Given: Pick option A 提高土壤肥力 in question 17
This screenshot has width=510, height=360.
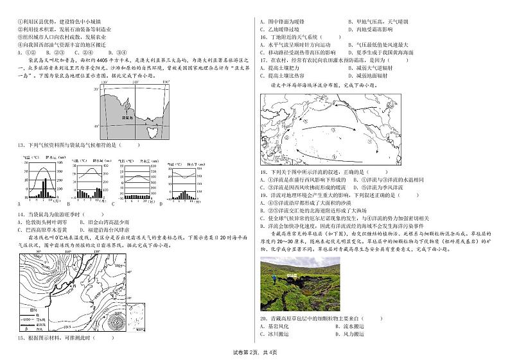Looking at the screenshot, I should pyautogui.click(x=283, y=67).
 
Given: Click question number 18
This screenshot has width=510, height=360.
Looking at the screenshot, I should pyautogui.click(x=263, y=172).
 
